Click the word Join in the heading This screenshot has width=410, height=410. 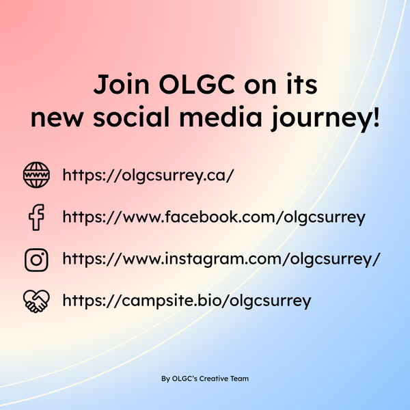coord(118,87)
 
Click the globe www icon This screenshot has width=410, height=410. coord(36,176)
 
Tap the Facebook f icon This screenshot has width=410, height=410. coord(36,218)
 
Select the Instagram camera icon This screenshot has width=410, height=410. coord(36,260)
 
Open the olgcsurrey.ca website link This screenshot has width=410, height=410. coord(148,176)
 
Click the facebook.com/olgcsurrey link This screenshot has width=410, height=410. coord(214,218)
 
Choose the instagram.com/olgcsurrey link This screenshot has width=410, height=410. coord(221,260)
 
